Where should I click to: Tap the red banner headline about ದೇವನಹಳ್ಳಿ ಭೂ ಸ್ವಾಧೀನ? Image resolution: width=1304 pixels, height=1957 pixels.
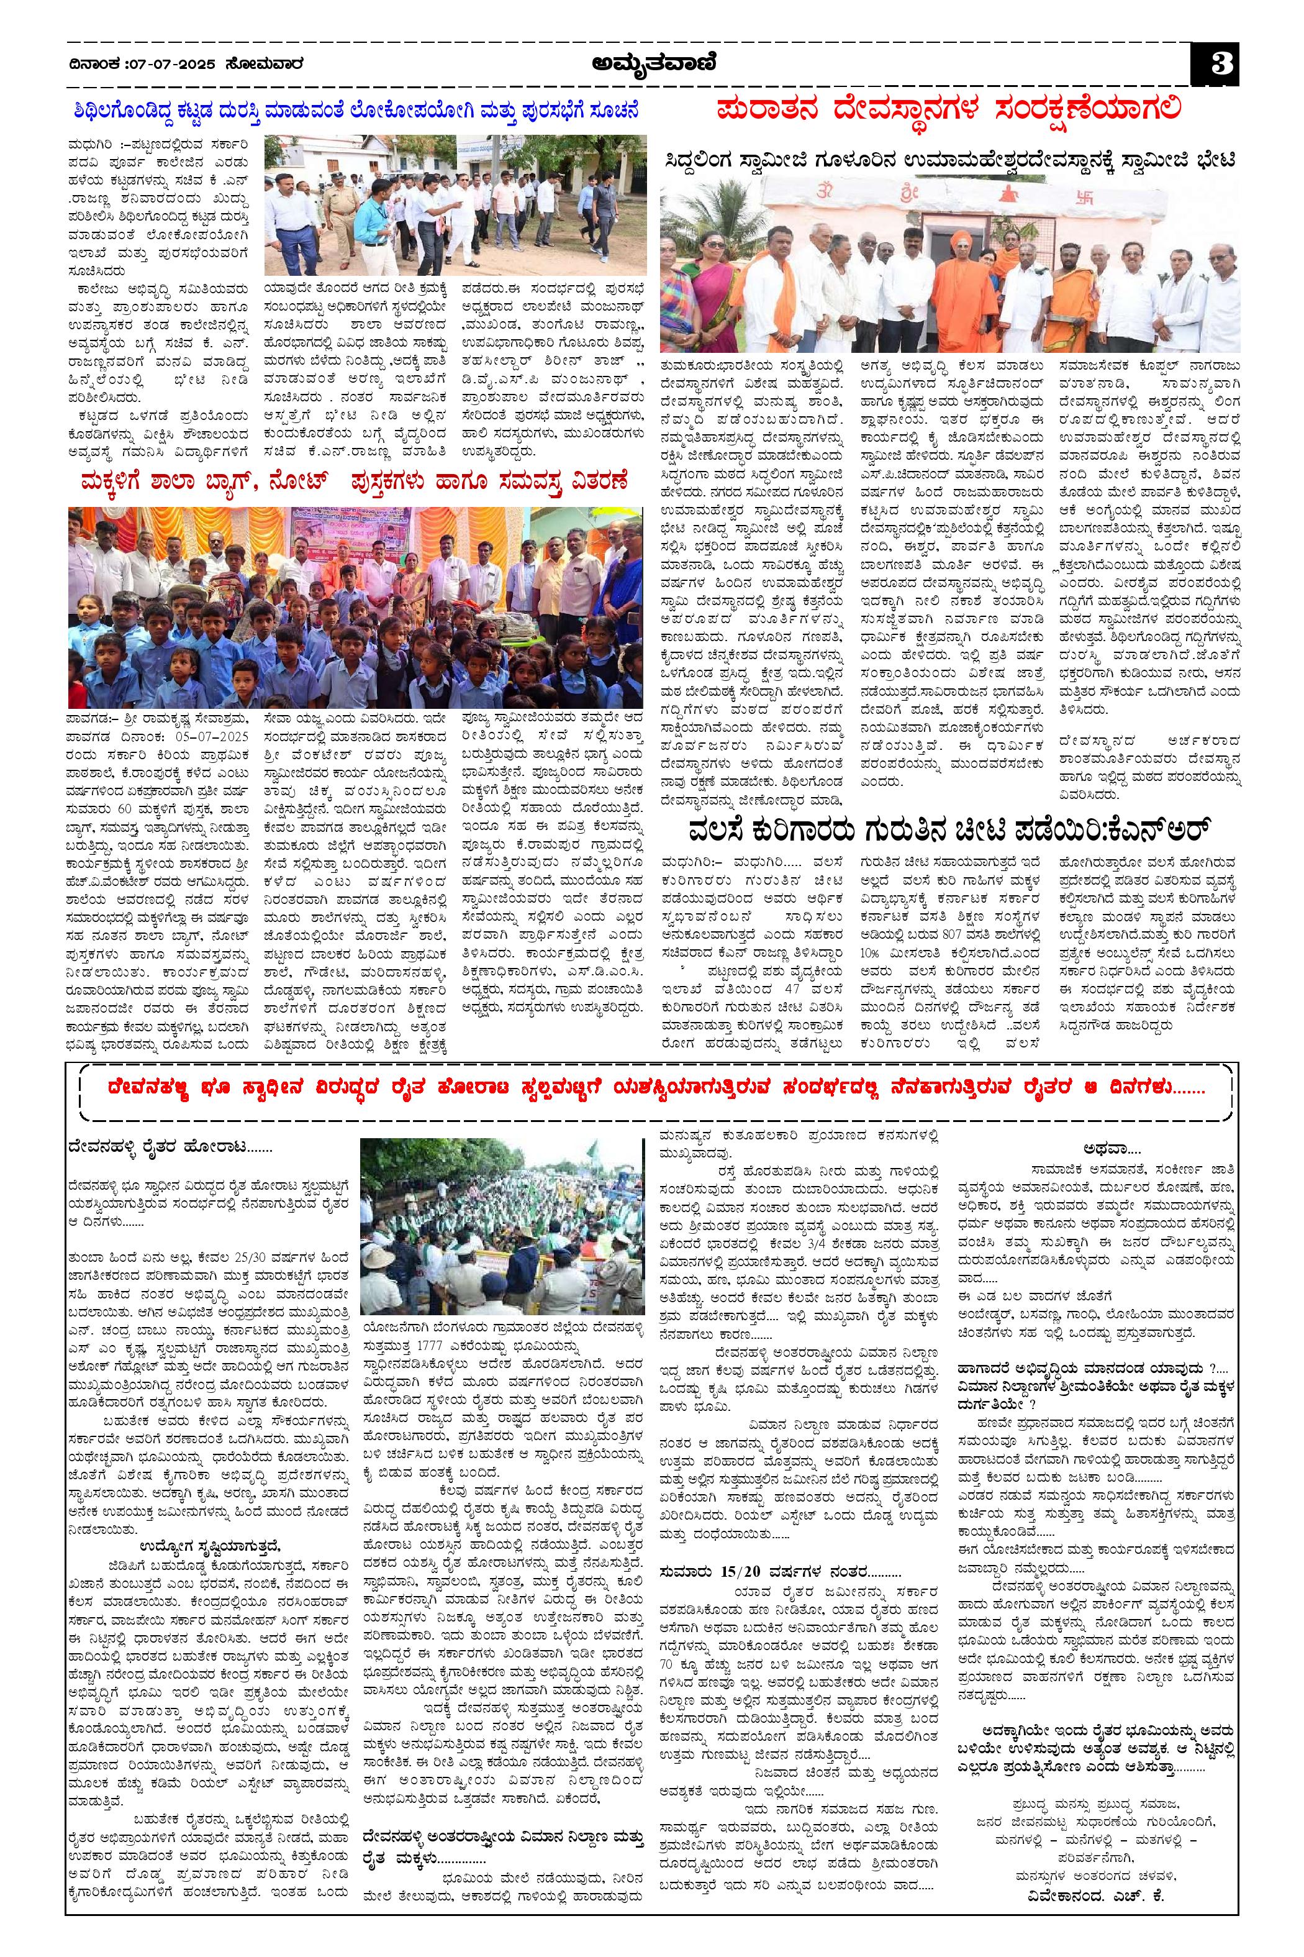tap(651, 1087)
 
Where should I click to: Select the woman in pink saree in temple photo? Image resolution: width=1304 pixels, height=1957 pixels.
tap(711, 291)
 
